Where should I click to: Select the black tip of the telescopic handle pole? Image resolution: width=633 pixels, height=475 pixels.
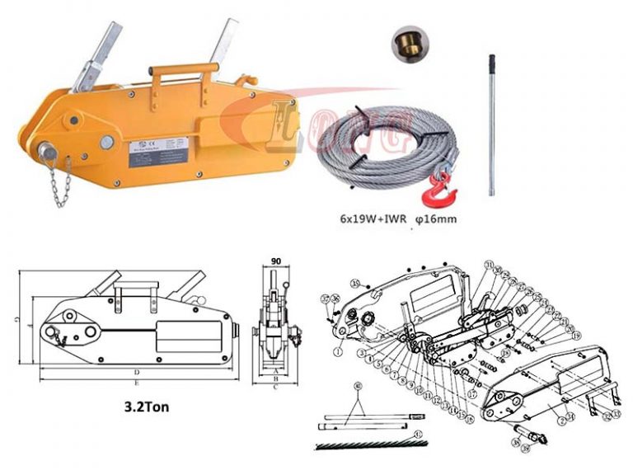492,62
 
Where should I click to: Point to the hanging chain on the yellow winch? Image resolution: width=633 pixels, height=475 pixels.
57,181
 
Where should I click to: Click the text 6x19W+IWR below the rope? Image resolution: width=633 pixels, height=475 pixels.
370,221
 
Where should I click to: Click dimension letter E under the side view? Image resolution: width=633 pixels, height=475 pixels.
137,383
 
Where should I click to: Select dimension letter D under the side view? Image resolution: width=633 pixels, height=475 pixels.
136,373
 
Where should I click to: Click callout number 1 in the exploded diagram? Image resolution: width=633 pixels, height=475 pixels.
338,350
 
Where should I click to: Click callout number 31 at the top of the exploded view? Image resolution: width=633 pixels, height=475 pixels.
489,264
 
